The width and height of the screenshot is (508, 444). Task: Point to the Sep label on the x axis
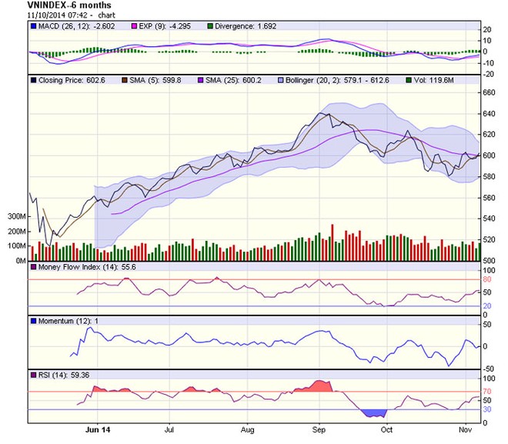(x=319, y=431)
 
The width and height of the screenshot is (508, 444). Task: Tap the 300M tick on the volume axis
(x=15, y=217)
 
